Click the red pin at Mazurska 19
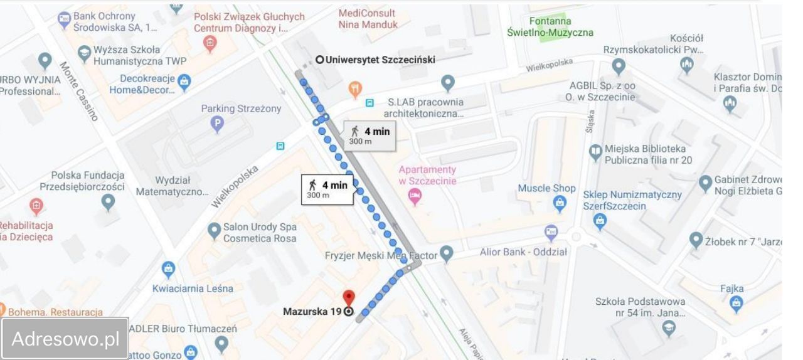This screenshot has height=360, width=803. pos(349,297)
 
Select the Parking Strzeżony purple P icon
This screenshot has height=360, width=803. pos(217,124)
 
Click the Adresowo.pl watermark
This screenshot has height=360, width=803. pos(65,339)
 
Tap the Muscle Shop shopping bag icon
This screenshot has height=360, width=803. pos(559,203)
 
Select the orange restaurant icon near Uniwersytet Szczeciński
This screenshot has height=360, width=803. pos(356,89)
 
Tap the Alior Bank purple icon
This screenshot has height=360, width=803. pos(551,233)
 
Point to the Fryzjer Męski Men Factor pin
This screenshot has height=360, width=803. pos(446,253)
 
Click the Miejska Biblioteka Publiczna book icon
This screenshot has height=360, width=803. pos(595,152)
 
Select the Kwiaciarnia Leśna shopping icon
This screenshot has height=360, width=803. pos(168,270)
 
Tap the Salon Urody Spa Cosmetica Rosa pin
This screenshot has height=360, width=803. pos(213,231)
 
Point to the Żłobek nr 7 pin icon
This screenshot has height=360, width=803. pos(695,240)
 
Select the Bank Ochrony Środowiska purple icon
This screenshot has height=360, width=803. pos(64,20)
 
